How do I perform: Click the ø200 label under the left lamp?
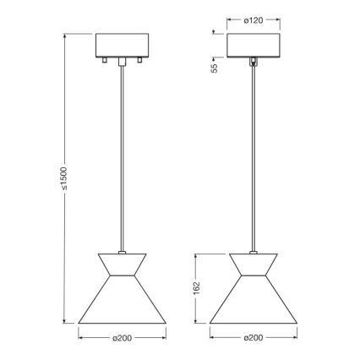pyautogui.click(x=123, y=339)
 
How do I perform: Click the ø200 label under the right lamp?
pyautogui.click(x=254, y=339)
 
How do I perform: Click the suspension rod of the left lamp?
pyautogui.click(x=123, y=152)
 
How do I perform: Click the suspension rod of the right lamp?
pyautogui.click(x=254, y=152)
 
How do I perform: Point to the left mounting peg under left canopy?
pyautogui.click(x=105, y=62)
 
